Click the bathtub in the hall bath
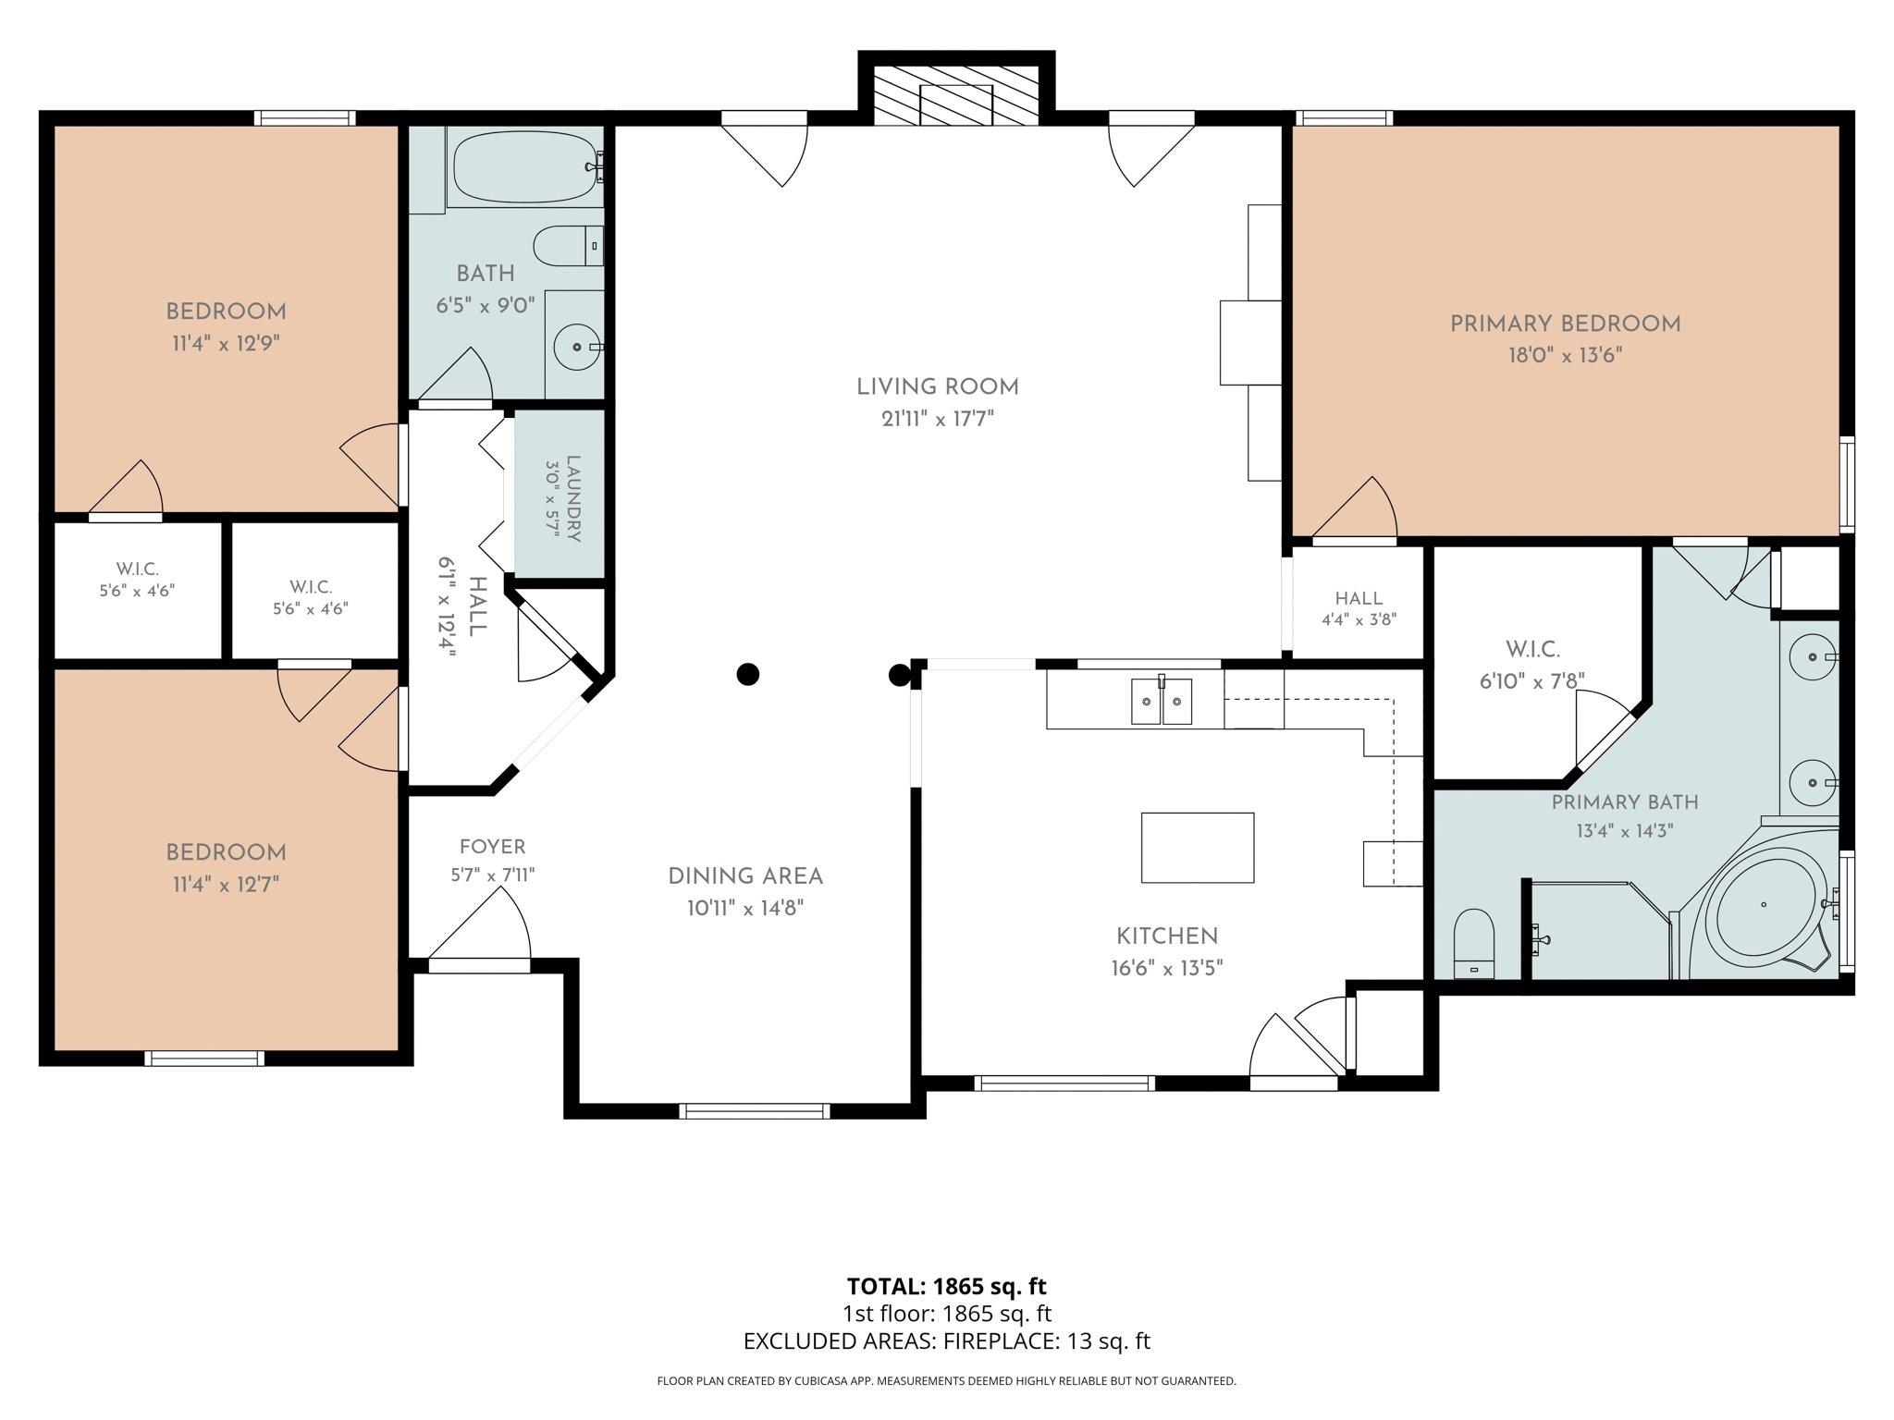525,167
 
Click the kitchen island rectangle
1198,848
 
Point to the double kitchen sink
1162,701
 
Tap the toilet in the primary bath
1474,943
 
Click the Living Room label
938,387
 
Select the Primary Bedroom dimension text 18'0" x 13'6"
1565,355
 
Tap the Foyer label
492,847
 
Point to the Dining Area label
745,876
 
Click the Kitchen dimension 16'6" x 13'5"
1167,969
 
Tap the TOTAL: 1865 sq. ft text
946,1286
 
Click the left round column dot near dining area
747,674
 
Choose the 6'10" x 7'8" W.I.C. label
1532,680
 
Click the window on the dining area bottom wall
755,1111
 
